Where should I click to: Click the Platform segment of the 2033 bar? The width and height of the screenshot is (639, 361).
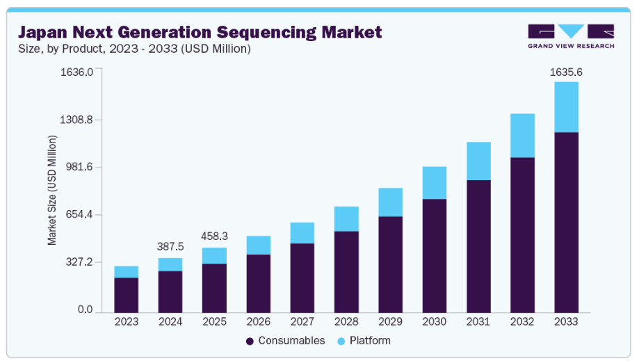pyautogui.click(x=566, y=107)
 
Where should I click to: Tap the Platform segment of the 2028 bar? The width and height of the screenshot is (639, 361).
pyautogui.click(x=346, y=218)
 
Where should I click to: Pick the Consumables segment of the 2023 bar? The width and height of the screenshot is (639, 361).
pyautogui.click(x=126, y=295)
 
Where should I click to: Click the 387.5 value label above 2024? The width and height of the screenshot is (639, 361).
pyautogui.click(x=170, y=247)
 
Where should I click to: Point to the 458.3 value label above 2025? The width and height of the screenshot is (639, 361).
pyautogui.click(x=214, y=236)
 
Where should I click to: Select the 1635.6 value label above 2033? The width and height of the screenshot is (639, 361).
pyautogui.click(x=566, y=72)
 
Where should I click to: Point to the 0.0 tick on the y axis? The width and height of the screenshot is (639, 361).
pyautogui.click(x=85, y=310)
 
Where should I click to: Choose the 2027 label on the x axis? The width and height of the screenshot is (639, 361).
pyautogui.click(x=302, y=322)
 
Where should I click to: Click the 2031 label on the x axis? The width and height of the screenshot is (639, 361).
pyautogui.click(x=478, y=322)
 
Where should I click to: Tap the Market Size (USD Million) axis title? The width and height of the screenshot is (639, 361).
pyautogui.click(x=52, y=190)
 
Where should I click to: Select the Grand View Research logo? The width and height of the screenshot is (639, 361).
pyautogui.click(x=571, y=35)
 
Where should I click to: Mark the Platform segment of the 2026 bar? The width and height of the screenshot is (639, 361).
pyautogui.click(x=258, y=245)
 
